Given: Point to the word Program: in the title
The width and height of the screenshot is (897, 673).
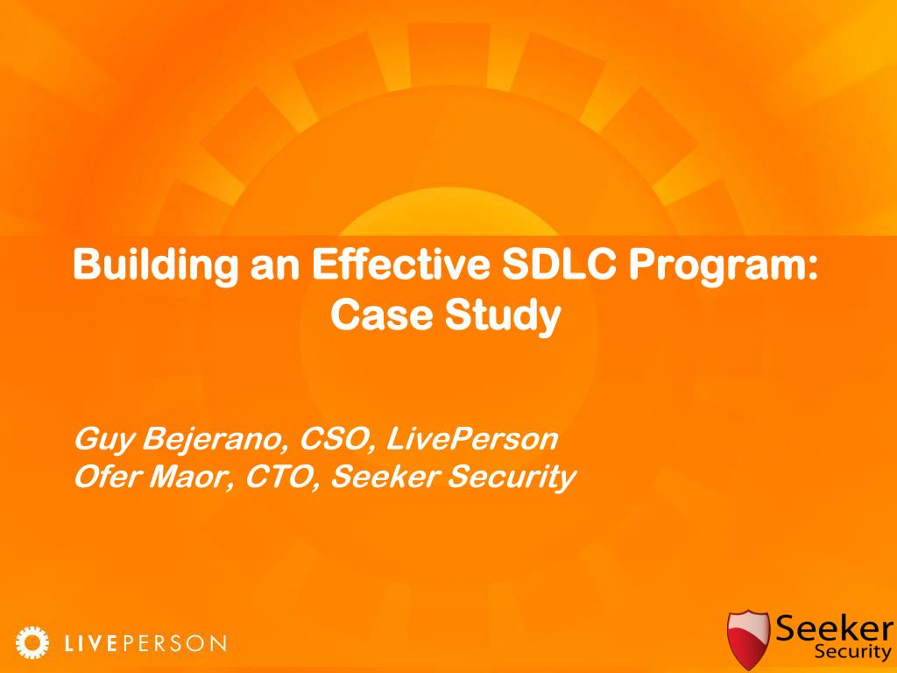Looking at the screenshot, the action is (723, 266).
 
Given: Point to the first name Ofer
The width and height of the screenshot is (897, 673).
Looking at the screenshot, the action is (107, 477).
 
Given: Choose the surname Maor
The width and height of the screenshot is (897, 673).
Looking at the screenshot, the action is (191, 478).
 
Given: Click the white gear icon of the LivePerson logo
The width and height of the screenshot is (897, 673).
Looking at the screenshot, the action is (32, 642).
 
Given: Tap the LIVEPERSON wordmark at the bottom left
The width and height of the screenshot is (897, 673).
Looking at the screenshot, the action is (145, 643).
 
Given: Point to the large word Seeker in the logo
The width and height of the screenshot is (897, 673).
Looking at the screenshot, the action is (835, 628).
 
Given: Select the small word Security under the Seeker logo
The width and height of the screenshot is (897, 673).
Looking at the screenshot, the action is (853, 651).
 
